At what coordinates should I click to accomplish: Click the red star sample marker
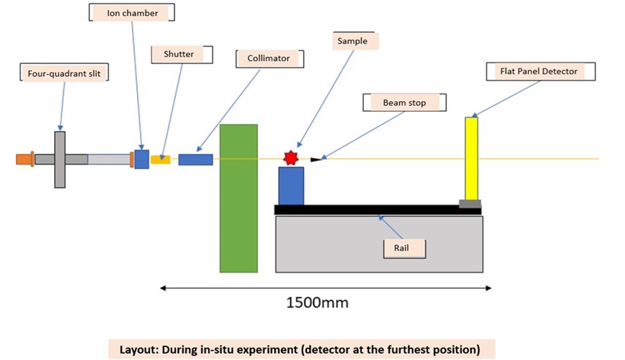[x=291, y=158]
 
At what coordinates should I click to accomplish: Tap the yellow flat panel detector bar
[x=471, y=158]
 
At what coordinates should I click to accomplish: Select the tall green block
[x=239, y=198]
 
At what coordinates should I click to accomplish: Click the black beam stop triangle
[x=316, y=160]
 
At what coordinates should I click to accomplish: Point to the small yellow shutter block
[x=161, y=160]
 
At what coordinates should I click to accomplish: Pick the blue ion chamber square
[x=142, y=160]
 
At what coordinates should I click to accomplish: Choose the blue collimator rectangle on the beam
[x=196, y=160]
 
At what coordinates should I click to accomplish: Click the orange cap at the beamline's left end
[x=24, y=159]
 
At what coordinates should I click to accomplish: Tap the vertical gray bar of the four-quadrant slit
[x=60, y=160]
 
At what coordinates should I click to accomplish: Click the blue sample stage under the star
[x=291, y=186]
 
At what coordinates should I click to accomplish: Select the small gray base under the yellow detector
[x=470, y=204]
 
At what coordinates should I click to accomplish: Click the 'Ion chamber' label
[x=132, y=13]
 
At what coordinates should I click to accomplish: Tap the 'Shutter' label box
[x=182, y=54]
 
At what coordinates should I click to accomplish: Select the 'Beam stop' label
[x=404, y=103]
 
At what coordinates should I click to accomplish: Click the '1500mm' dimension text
[x=317, y=303]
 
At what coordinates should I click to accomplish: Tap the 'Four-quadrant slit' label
[x=64, y=73]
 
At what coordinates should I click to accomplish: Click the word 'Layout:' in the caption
[x=139, y=349]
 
